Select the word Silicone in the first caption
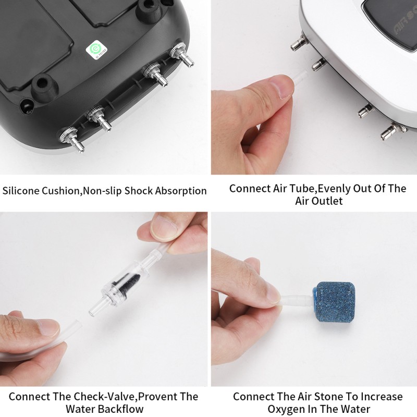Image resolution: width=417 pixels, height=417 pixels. point(21,191)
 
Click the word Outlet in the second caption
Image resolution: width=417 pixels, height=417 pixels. point(326,200)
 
